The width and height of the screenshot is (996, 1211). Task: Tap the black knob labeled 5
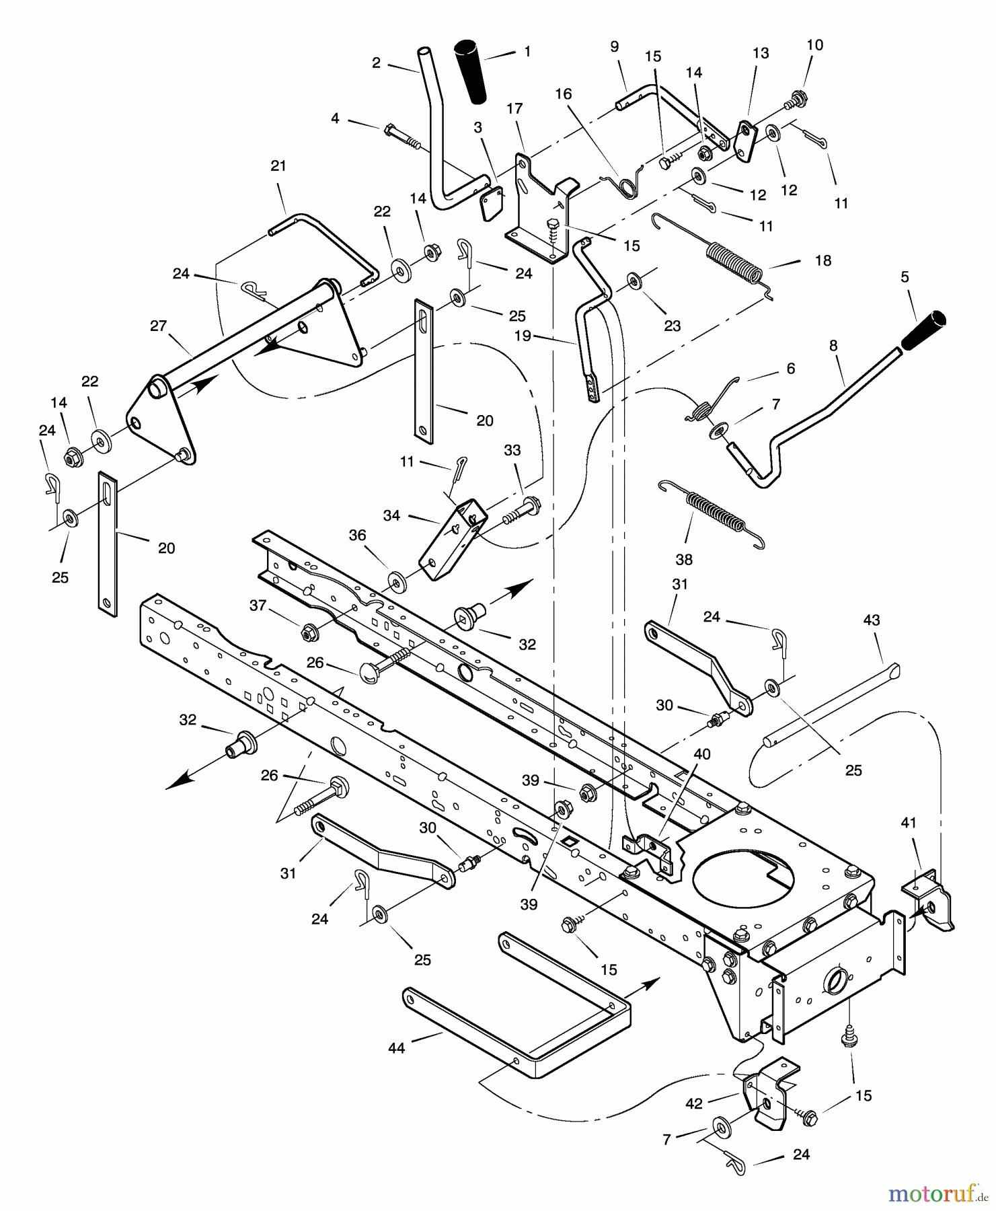(923, 330)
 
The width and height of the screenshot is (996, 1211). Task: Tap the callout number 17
(514, 108)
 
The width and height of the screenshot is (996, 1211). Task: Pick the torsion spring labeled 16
(629, 182)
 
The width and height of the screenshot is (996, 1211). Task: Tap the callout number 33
(512, 451)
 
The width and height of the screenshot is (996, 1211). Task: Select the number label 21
(278, 166)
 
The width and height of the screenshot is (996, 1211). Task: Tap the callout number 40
(701, 755)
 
